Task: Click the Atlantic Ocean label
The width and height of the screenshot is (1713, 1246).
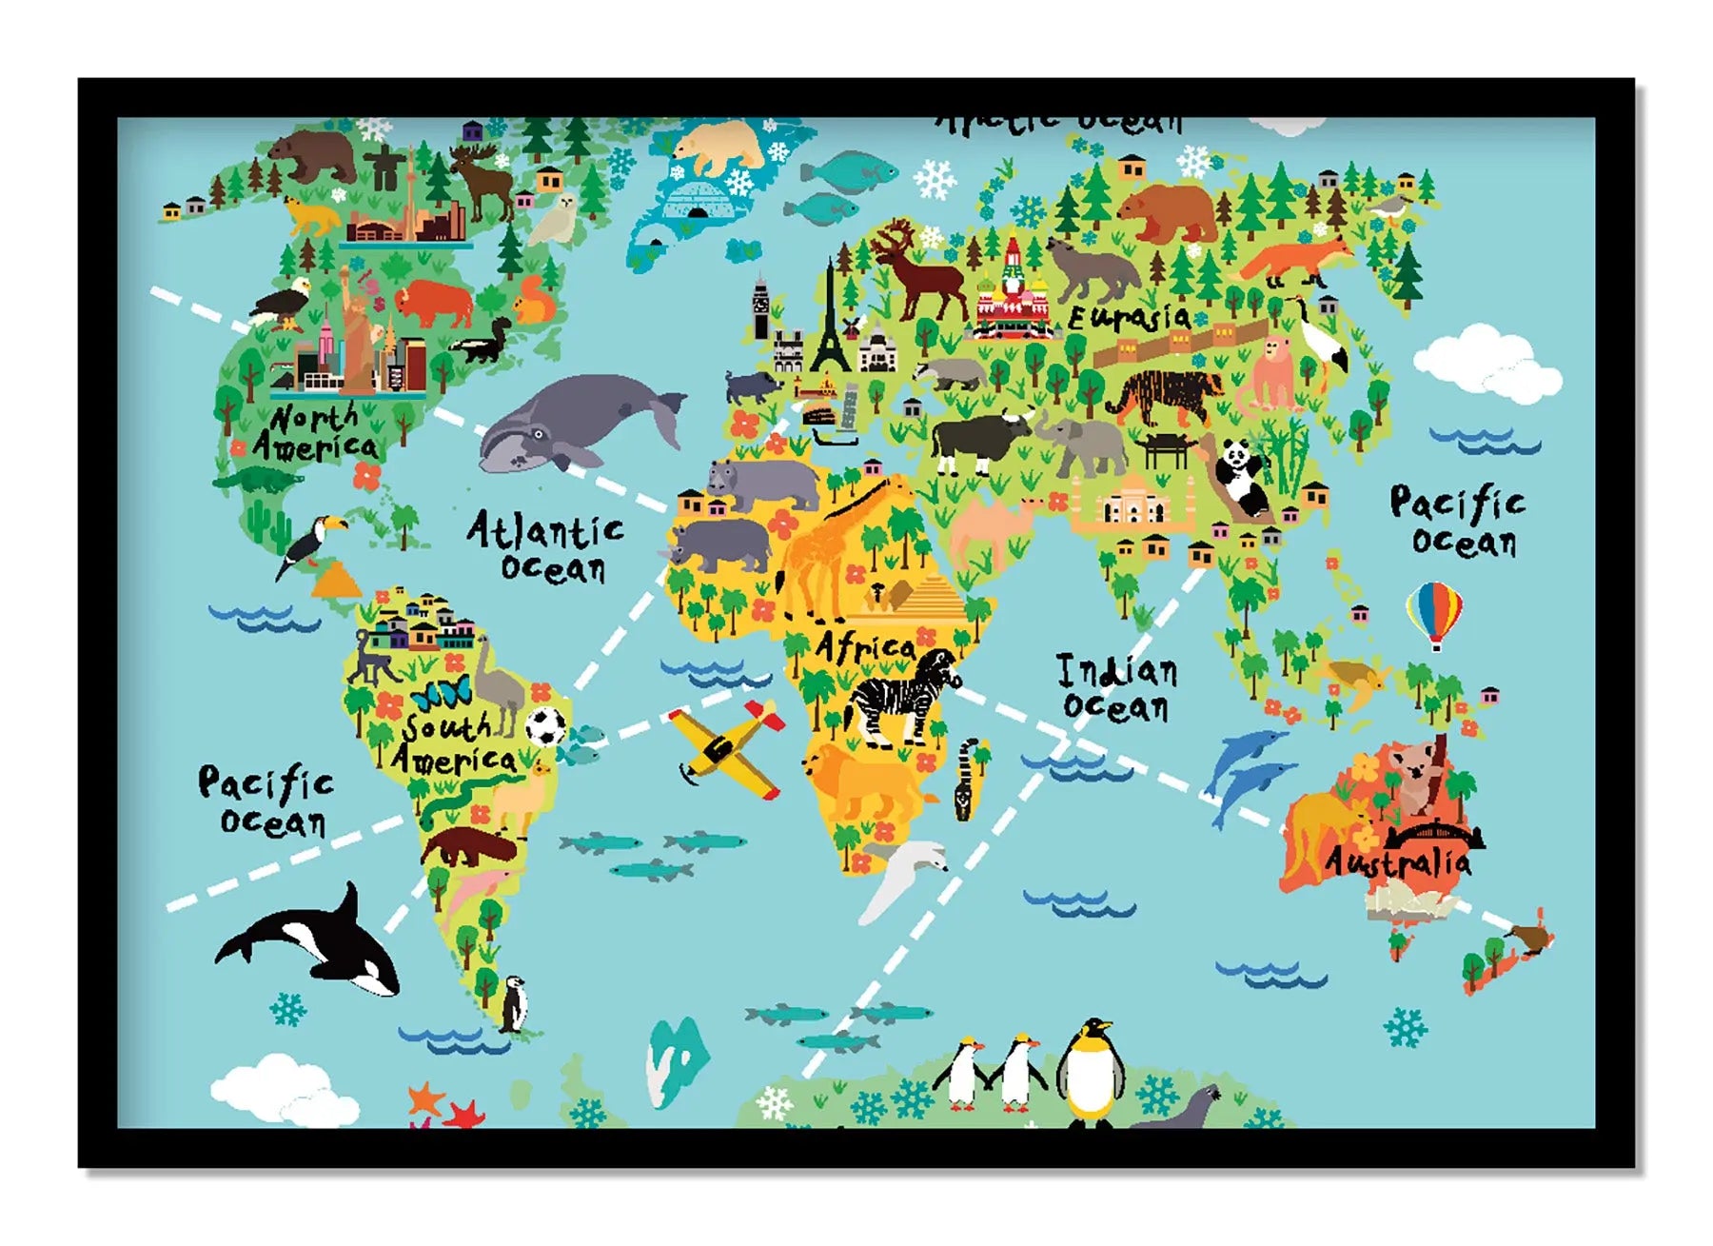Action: point(545,546)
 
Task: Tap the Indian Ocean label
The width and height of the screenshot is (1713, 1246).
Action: point(1117,688)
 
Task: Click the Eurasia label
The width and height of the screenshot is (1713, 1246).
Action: point(1130,317)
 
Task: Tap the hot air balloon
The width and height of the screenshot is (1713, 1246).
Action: point(1434,614)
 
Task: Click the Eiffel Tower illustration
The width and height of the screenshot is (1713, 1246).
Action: point(830,319)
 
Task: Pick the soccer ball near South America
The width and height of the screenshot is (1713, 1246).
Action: point(546,726)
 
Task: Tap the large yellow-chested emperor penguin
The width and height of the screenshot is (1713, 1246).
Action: point(1090,1071)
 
